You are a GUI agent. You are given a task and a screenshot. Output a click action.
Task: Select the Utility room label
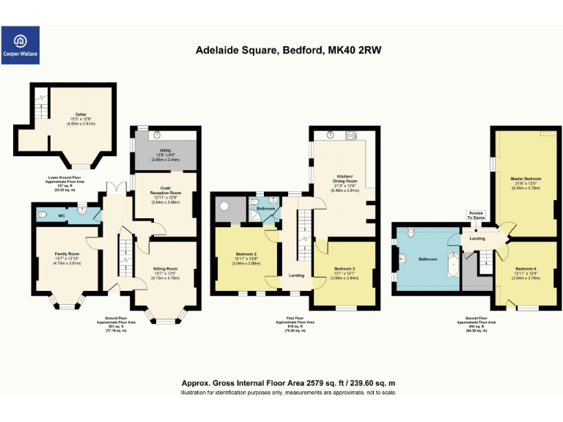pos(165,150)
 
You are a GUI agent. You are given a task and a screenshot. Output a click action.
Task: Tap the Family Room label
pos(65,254)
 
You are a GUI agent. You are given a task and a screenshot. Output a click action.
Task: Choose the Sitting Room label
pos(165,269)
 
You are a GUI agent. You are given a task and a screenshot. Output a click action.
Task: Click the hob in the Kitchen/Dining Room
pos(350,134)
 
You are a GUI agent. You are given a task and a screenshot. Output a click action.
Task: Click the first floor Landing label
pos(297,275)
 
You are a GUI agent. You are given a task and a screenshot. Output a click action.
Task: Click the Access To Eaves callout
pos(476,214)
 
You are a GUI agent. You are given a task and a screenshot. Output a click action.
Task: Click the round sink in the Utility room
pos(155,135)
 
